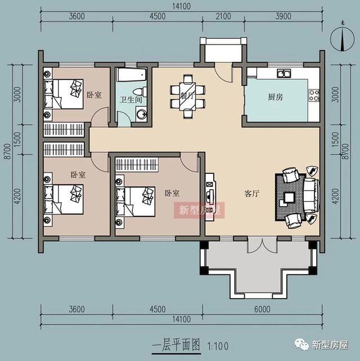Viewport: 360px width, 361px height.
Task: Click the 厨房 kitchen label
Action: pyautogui.click(x=276, y=97)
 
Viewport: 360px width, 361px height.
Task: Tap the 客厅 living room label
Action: pyautogui.click(x=252, y=193)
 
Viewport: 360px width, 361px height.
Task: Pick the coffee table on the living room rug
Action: pyautogui.click(x=290, y=198)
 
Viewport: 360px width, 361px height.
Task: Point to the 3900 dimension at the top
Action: pyautogui.click(x=283, y=16)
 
